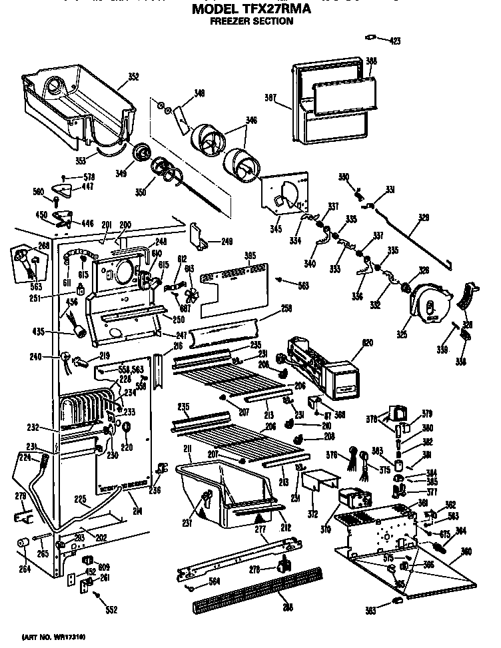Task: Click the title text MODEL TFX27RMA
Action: click(x=250, y=10)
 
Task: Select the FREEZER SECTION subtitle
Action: click(x=250, y=21)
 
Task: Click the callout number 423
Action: click(x=395, y=41)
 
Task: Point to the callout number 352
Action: click(x=133, y=77)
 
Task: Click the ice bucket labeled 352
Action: click(x=77, y=100)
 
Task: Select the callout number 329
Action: click(x=423, y=217)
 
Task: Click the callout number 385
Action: click(x=250, y=255)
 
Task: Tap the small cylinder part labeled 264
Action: click(x=23, y=544)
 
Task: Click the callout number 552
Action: click(x=110, y=610)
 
